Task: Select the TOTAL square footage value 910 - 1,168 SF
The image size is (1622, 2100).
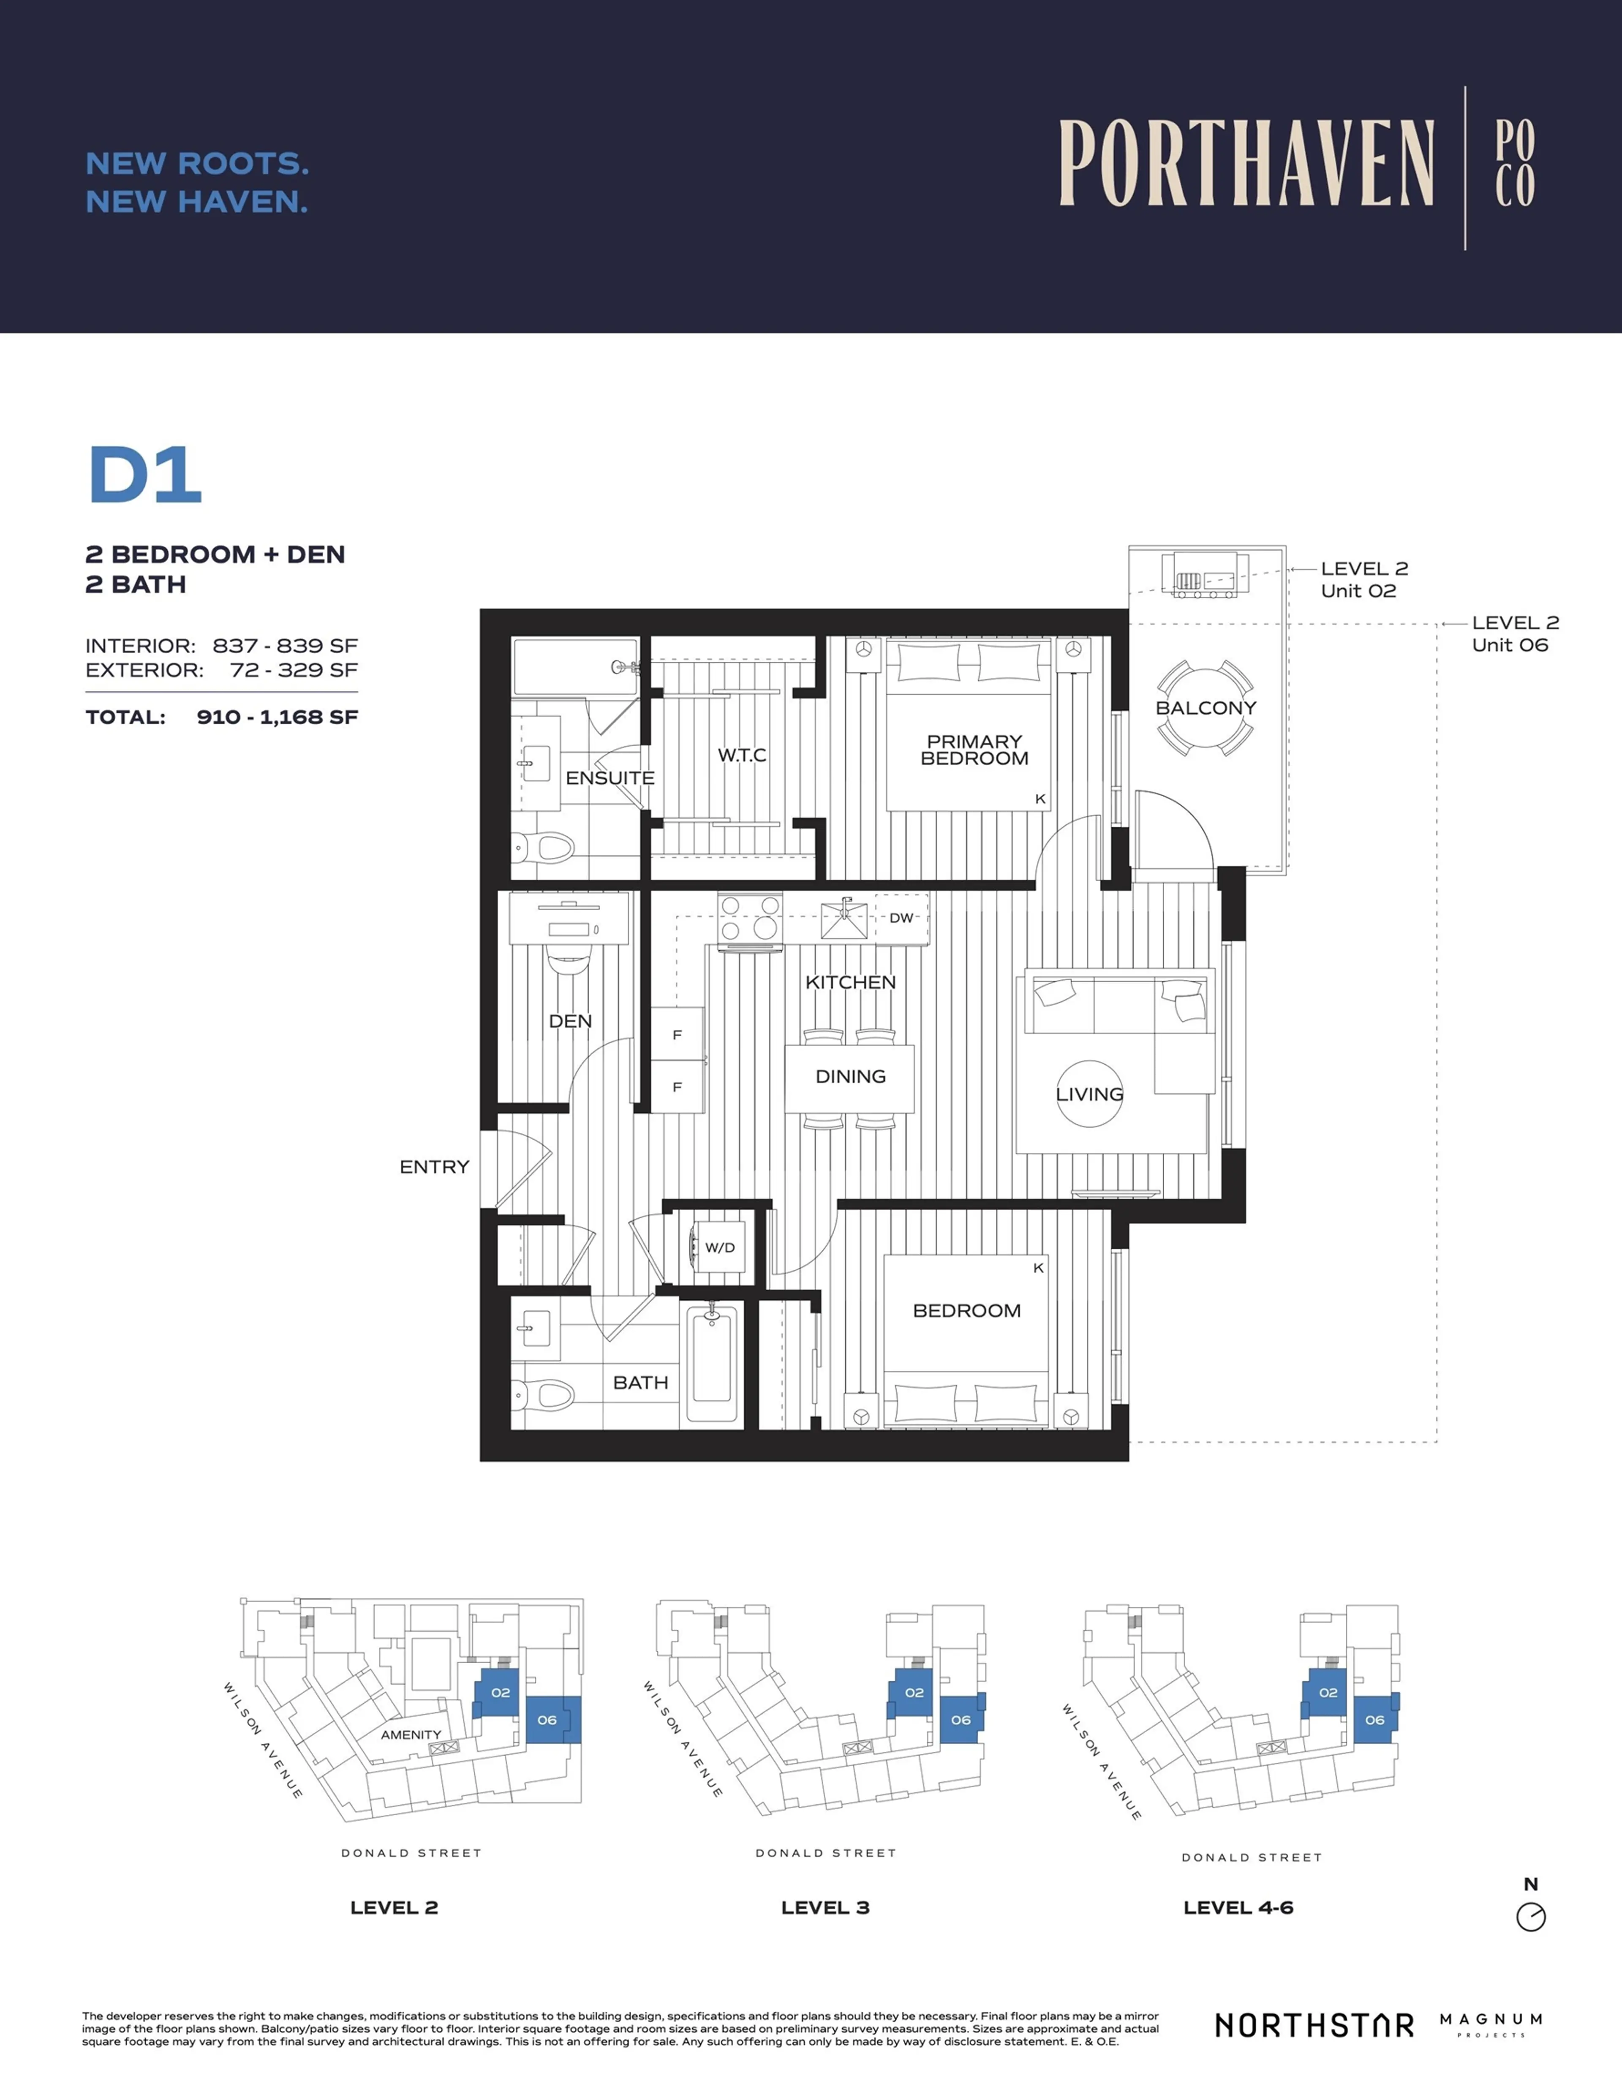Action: pos(277,717)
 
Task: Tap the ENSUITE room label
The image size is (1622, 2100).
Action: pos(610,778)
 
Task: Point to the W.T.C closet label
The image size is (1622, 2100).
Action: pos(741,756)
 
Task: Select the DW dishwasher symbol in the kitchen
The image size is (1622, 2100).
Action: pos(901,918)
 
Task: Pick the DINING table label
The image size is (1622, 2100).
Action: pos(850,1077)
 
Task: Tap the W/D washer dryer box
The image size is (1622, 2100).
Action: pos(719,1248)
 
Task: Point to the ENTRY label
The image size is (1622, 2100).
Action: pos(435,1167)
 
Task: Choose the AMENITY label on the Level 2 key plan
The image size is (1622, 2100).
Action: pos(411,1735)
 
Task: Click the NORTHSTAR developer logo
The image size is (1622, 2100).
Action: pos(1313,2025)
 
